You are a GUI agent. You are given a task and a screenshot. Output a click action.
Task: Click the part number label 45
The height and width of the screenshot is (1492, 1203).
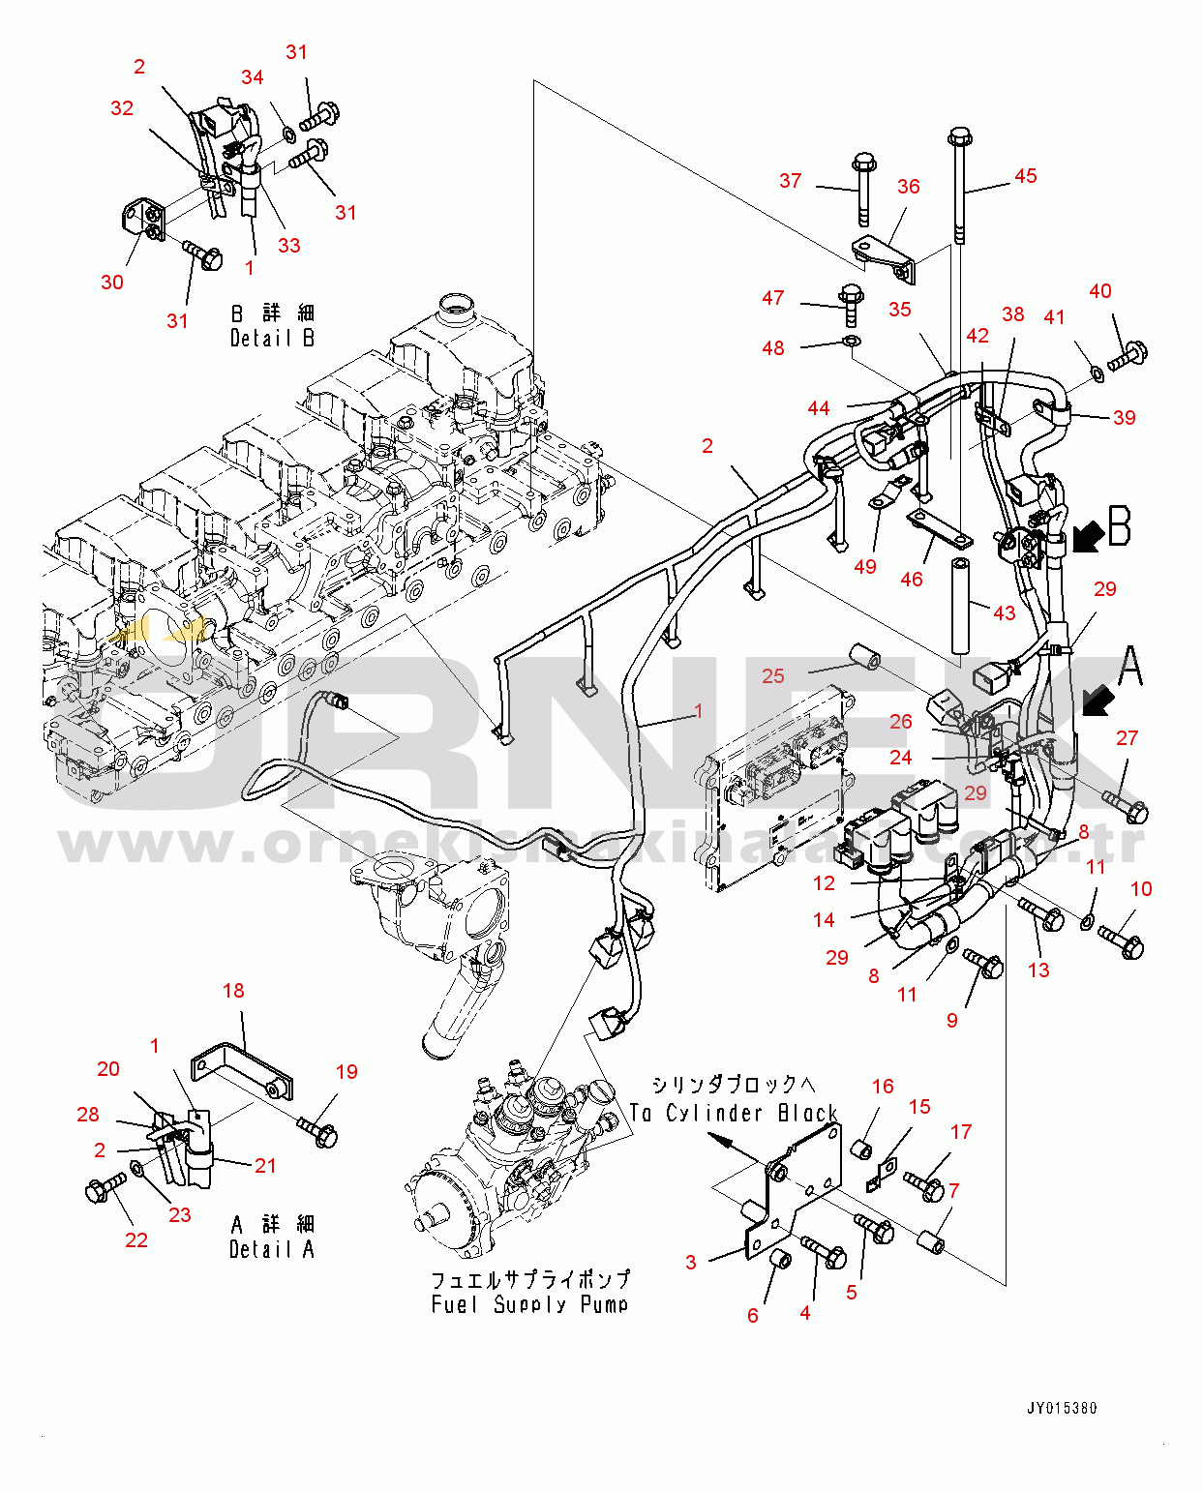tap(1025, 176)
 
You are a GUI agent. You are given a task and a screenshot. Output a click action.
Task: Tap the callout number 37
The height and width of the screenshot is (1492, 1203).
tap(790, 181)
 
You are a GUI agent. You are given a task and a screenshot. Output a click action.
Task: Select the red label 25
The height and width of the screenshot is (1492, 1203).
tap(772, 676)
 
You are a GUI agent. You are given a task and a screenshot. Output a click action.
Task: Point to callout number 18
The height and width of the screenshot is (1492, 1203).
tap(233, 991)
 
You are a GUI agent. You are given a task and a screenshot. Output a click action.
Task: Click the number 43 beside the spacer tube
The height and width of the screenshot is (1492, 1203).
tap(1005, 613)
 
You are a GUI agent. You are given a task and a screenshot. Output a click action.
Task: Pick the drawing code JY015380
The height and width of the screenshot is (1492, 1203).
tap(1062, 1409)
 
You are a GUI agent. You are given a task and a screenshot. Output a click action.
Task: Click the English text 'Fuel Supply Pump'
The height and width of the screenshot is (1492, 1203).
tap(529, 1304)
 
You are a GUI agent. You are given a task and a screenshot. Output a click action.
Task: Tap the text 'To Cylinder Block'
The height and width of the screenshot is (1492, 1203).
tap(733, 1114)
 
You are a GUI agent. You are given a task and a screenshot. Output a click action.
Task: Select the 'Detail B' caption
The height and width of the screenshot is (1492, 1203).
tap(272, 338)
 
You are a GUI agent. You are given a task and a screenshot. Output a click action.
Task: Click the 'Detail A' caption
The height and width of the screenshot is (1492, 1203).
tap(271, 1249)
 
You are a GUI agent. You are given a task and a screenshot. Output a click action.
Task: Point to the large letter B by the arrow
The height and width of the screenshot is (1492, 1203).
tap(1120, 526)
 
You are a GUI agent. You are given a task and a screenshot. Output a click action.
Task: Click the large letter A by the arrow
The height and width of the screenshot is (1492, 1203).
tap(1129, 668)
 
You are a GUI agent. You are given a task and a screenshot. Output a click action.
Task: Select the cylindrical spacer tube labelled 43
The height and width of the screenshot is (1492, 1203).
tap(960, 605)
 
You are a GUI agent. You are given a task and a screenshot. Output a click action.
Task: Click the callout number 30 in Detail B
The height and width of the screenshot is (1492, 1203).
tap(112, 283)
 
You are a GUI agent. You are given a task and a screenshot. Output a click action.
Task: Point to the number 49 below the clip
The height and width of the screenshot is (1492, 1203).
tap(864, 567)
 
